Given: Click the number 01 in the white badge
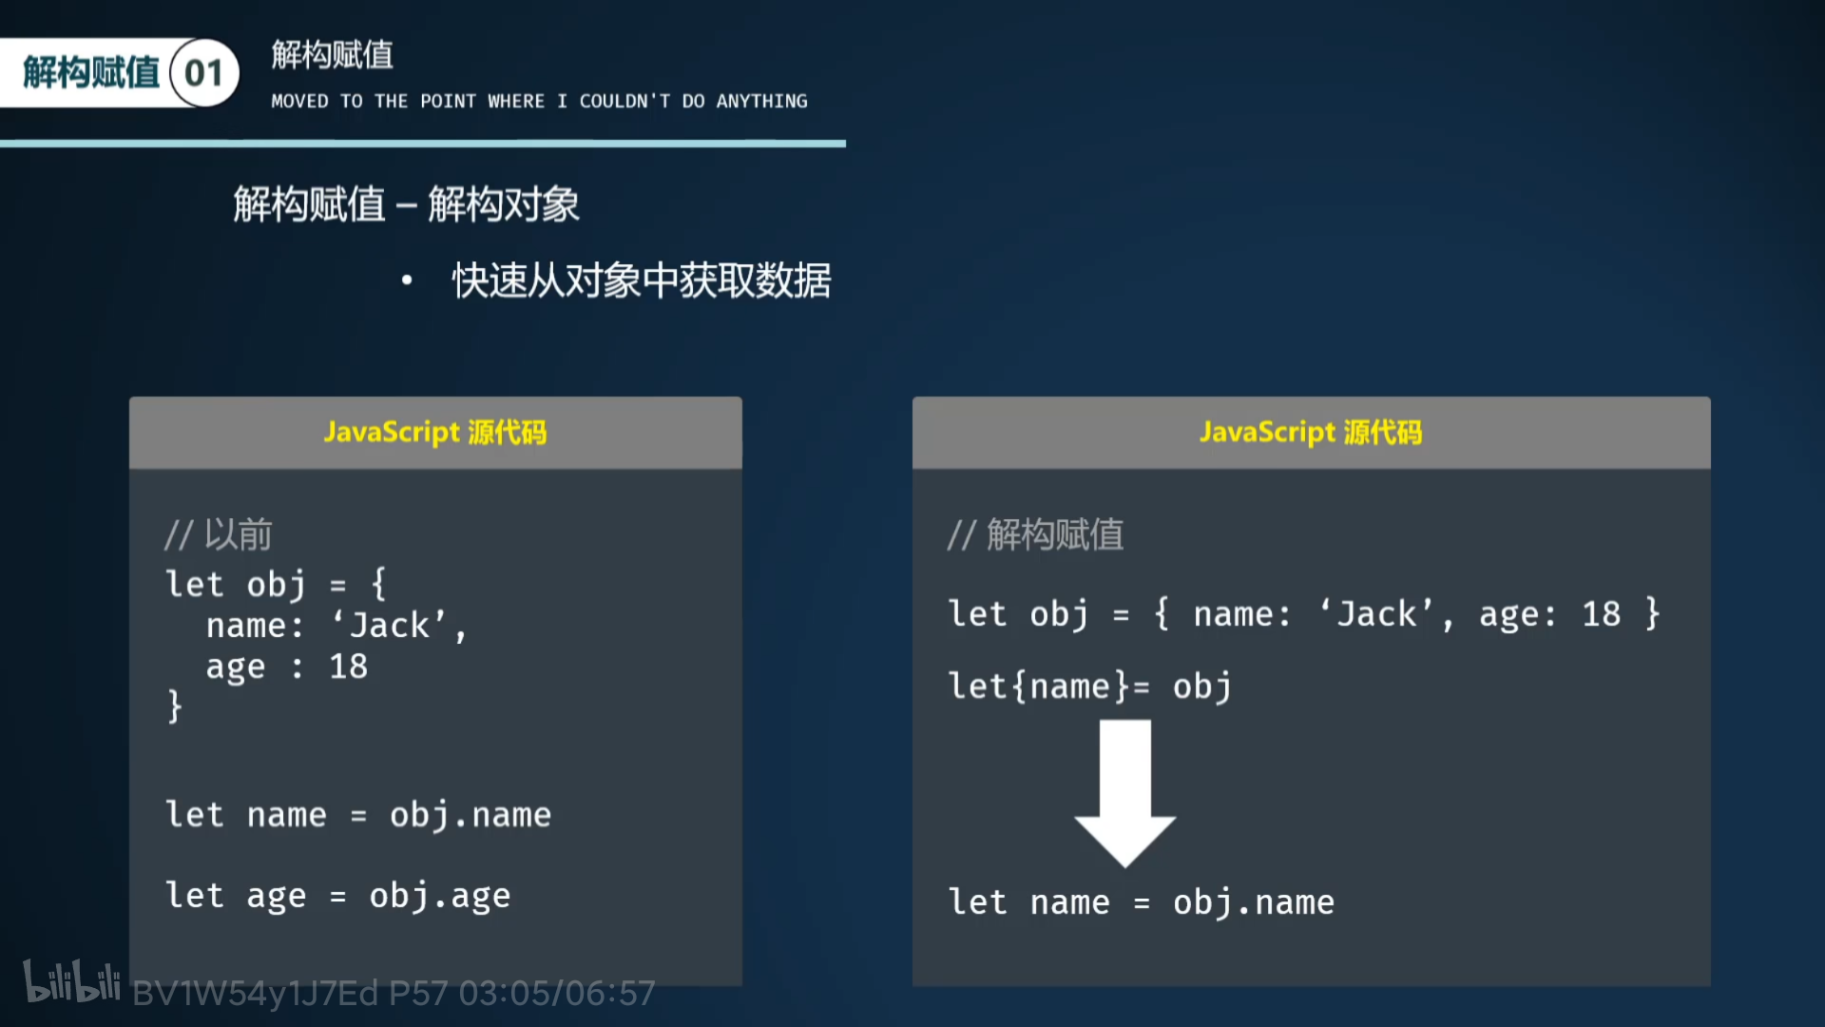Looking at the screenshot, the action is (203, 73).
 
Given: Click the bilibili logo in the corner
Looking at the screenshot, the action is (71, 982).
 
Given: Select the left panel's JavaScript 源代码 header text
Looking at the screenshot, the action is (435, 433).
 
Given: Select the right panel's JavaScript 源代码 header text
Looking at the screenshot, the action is (1311, 433).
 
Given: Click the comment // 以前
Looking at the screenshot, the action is (219, 534).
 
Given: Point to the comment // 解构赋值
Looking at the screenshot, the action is (1035, 534).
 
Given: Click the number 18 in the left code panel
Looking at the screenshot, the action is (348, 667).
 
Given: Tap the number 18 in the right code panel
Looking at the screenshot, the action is (1601, 614).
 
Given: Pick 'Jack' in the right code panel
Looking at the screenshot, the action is (1377, 614).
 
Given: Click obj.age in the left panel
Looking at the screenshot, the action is (439, 896).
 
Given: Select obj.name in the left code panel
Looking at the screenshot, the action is (470, 815).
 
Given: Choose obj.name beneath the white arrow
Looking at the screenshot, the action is (1253, 902).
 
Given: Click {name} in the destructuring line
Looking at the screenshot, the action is (1071, 687).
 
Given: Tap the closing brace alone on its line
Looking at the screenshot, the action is (174, 707).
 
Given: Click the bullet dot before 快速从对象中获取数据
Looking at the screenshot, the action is (407, 281).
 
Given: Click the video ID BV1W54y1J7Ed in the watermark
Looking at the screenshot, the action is (255, 994).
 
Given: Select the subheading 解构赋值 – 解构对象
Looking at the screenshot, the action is (406, 204).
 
